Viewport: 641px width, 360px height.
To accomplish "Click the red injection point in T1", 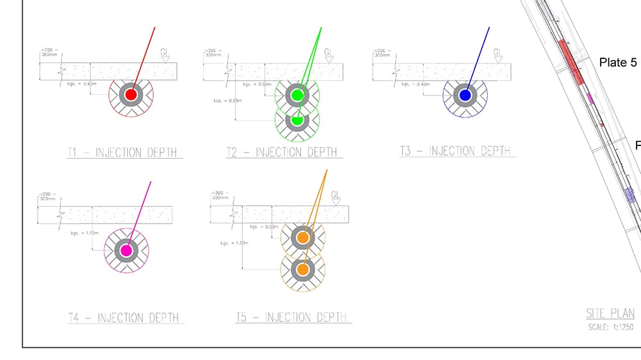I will [x=131, y=94].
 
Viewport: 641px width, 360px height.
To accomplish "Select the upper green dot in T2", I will [x=297, y=95].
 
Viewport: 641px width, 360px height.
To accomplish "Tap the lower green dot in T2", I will [x=297, y=120].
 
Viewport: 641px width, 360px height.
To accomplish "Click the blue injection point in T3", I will [x=465, y=95].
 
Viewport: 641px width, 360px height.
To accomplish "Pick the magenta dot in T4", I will [x=126, y=250].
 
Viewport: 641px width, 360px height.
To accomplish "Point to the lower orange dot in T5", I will [x=303, y=268].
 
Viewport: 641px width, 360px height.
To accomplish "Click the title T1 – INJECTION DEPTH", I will [x=123, y=152].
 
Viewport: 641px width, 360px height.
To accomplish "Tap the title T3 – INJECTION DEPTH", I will [x=455, y=151].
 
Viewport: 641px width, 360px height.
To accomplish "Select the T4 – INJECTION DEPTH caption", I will [x=124, y=318].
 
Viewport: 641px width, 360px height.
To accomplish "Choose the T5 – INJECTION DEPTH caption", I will [x=291, y=317].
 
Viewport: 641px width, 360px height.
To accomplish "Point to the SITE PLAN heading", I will [x=610, y=314].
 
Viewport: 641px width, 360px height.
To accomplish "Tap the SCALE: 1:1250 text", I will [x=611, y=328].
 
